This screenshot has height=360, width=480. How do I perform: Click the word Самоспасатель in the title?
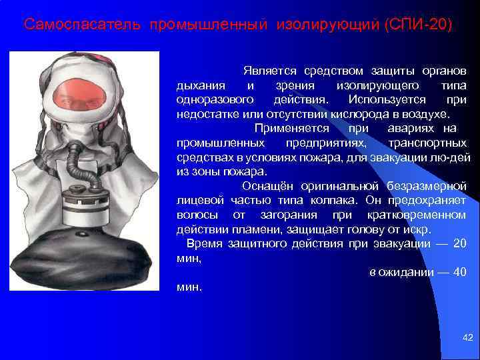pos(81,25)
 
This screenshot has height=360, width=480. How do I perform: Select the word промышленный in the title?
pos(207,25)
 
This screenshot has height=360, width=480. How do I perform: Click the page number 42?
pos(467,339)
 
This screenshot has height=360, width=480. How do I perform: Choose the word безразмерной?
pos(428,186)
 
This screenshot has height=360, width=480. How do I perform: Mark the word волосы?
pos(195,215)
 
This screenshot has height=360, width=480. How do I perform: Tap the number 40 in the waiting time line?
pos(459,273)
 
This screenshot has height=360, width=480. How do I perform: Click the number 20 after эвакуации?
pos(459,243)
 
